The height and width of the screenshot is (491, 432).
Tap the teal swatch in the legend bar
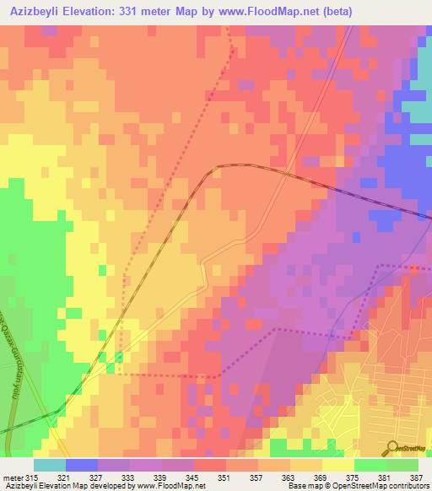pyautogui.click(x=49, y=465)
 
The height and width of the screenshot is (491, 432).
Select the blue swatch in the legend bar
pyautogui.click(x=81, y=465)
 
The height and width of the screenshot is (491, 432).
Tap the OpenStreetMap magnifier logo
pyautogui.click(x=392, y=448)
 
